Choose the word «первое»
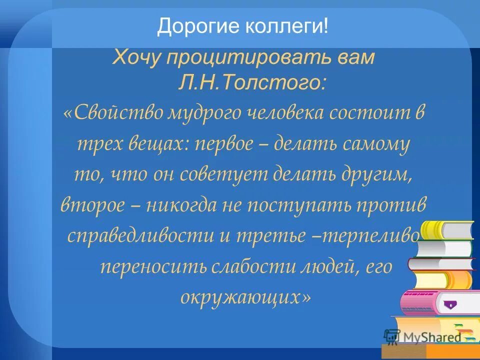coord(223,145)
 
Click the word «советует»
coord(227,176)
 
